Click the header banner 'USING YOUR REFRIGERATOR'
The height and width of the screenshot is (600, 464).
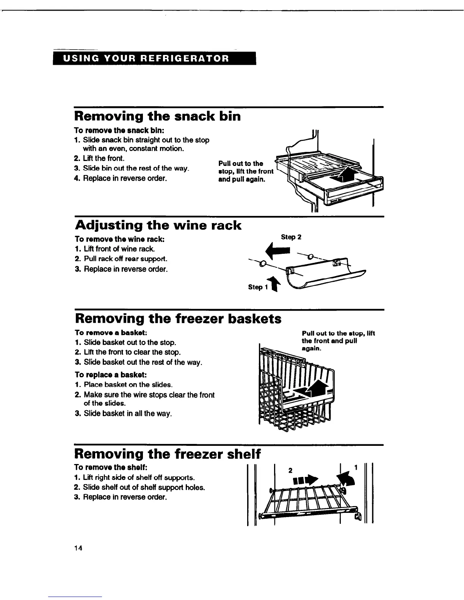[155, 59]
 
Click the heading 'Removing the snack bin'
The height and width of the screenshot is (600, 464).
[157, 116]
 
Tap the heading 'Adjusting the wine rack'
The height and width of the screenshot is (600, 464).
[158, 225]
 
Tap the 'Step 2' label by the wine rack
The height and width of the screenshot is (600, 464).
[291, 237]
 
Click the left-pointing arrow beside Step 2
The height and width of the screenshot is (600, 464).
[278, 250]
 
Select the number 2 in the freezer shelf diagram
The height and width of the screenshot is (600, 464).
[290, 470]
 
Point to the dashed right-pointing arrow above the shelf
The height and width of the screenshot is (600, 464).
[308, 480]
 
